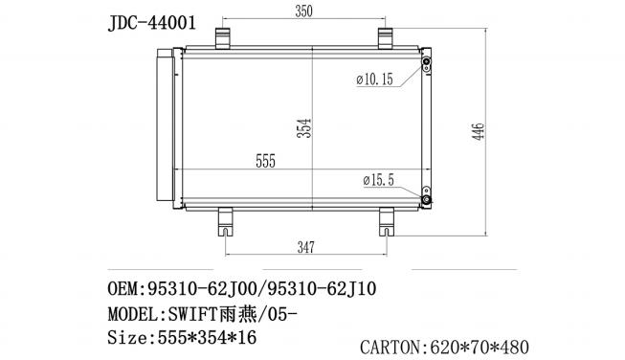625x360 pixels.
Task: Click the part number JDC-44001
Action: [x=152, y=23]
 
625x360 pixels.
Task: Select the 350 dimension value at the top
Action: [x=303, y=11]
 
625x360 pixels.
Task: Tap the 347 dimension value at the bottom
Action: [x=305, y=247]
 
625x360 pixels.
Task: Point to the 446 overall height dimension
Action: [x=479, y=131]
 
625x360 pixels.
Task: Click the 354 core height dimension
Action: [x=304, y=128]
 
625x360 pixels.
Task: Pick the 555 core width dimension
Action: [x=265, y=161]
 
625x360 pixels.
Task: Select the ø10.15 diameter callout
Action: [x=374, y=79]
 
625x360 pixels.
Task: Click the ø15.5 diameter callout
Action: [x=378, y=180]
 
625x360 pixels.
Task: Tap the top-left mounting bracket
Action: [x=223, y=38]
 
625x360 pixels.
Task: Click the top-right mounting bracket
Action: [x=386, y=38]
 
